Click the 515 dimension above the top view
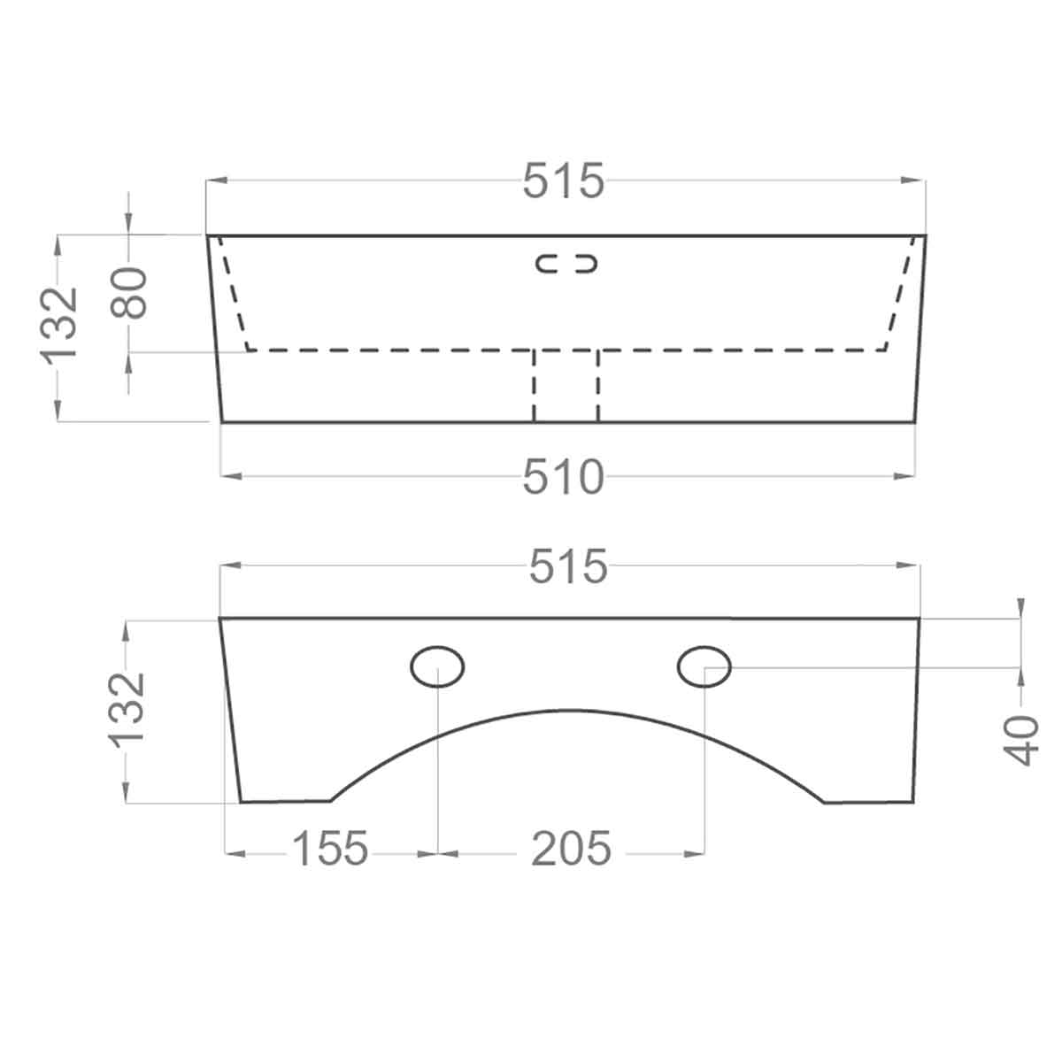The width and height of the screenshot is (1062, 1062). pyautogui.click(x=563, y=182)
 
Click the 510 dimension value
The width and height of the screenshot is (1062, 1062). pyautogui.click(x=563, y=478)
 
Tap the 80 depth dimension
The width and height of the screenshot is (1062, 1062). pyautogui.click(x=132, y=292)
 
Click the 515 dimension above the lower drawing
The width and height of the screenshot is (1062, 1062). pyautogui.click(x=568, y=567)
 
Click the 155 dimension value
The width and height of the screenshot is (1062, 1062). pyautogui.click(x=330, y=850)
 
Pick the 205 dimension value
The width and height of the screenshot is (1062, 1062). pyautogui.click(x=571, y=850)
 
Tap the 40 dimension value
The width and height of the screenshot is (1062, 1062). pyautogui.click(x=1024, y=739)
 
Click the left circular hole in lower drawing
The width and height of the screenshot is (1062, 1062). pyautogui.click(x=438, y=666)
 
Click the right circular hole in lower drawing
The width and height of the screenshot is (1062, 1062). pyautogui.click(x=704, y=666)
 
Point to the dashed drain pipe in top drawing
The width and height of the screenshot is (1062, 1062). pyautogui.click(x=566, y=386)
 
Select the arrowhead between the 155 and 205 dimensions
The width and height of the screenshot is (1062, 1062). pyautogui.click(x=438, y=853)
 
